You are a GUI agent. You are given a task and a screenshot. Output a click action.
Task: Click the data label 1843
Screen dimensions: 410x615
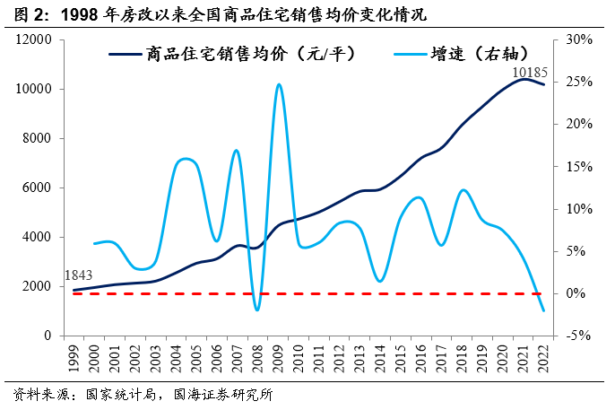coord(80,275)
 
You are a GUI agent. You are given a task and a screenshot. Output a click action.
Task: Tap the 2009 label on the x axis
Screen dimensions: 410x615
coord(278,355)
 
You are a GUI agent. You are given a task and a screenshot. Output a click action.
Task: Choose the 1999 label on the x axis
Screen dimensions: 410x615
coord(74,355)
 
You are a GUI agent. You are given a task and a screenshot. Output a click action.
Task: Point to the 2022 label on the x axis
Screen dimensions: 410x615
coord(541,355)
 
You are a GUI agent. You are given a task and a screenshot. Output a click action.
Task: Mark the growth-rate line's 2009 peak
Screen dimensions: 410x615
coord(279,84)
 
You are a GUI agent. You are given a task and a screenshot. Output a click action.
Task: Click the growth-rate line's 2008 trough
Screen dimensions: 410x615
coord(257,310)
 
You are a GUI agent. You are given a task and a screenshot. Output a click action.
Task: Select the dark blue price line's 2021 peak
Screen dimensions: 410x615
coord(523,79)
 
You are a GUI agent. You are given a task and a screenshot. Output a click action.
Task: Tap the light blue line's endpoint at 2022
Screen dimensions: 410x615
coord(542,311)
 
